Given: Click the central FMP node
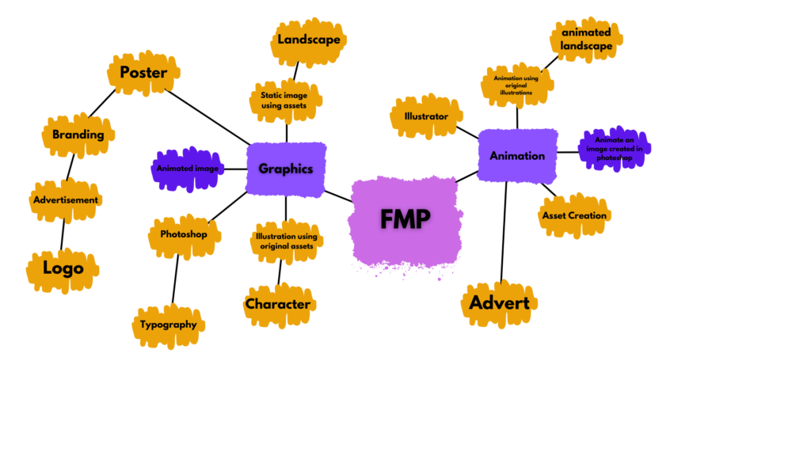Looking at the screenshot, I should coord(406,219).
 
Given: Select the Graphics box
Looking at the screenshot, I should coord(286,169).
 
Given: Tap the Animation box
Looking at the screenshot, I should coord(517,155).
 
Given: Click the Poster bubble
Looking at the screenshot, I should coord(143,73).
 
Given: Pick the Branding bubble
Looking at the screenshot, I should coord(78,135).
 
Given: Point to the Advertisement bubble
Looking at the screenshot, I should coord(66,199).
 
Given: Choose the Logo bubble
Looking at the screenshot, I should coord(63,268).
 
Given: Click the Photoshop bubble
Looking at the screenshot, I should coord(184,234).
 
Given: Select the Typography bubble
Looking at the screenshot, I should coord(169,325).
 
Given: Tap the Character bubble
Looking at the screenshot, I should coord(278,304).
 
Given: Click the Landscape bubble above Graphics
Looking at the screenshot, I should coord(309,40).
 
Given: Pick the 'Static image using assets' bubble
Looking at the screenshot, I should coord(286,101).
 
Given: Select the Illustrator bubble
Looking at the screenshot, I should coord(426,116).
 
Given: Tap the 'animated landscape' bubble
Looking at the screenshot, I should coord(587,40).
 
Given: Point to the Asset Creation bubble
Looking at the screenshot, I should coord(574,215).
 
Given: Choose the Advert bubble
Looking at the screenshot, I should coord(499,303).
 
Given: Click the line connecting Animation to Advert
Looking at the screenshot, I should coord(504,230).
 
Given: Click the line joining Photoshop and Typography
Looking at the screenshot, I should coord(175,281).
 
